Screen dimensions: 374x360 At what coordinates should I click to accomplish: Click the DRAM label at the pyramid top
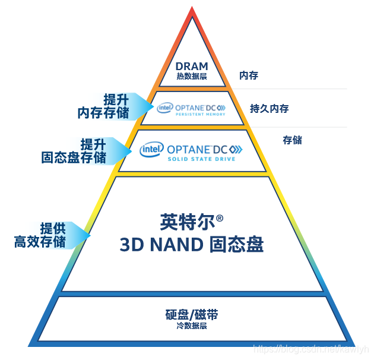[191, 66]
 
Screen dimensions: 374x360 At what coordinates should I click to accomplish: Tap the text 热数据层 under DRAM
[191, 76]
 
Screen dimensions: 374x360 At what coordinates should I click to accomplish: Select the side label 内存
[249, 75]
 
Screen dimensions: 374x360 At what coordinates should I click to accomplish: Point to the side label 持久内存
[270, 108]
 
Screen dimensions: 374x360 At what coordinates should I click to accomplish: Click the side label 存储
[292, 140]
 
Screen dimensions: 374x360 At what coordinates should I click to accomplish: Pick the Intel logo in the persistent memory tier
[164, 108]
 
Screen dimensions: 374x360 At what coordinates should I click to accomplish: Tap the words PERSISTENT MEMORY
[199, 114]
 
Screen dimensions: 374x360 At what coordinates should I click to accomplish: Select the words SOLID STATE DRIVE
[201, 159]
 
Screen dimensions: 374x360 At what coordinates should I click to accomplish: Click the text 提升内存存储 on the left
[104, 106]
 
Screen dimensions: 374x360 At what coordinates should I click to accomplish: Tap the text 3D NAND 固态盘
[192, 244]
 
